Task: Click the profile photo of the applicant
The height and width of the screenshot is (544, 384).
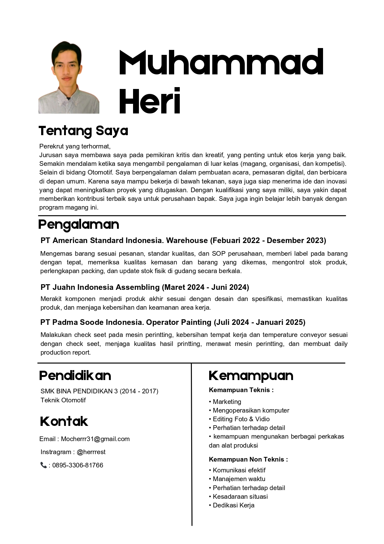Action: (x=69, y=77)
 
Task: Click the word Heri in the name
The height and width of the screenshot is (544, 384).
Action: (x=150, y=101)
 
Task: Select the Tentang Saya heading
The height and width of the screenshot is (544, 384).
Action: (x=83, y=131)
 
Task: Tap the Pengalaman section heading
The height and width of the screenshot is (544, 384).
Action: (x=79, y=224)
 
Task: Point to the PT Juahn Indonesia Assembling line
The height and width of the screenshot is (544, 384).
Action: (x=145, y=287)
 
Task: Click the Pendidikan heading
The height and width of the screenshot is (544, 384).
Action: (x=75, y=376)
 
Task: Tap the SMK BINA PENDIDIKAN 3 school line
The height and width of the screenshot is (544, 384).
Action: (x=99, y=391)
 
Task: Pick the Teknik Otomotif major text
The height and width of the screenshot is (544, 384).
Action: (x=63, y=400)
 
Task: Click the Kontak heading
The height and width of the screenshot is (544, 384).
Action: (x=64, y=422)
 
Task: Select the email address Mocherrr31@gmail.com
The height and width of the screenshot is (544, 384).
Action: (x=95, y=439)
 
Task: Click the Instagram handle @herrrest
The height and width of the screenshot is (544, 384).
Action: (x=91, y=452)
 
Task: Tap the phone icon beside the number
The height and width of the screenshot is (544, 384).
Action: (x=43, y=465)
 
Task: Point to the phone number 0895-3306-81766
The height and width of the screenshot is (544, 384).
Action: (x=78, y=465)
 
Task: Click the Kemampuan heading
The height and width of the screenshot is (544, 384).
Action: (x=251, y=376)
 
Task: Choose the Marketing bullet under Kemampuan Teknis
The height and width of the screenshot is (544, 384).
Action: (x=227, y=402)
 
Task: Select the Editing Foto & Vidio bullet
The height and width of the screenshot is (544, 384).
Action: (x=241, y=419)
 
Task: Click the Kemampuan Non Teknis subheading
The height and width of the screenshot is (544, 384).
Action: (x=248, y=459)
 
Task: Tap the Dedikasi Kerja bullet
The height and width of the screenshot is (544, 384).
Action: (x=234, y=505)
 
